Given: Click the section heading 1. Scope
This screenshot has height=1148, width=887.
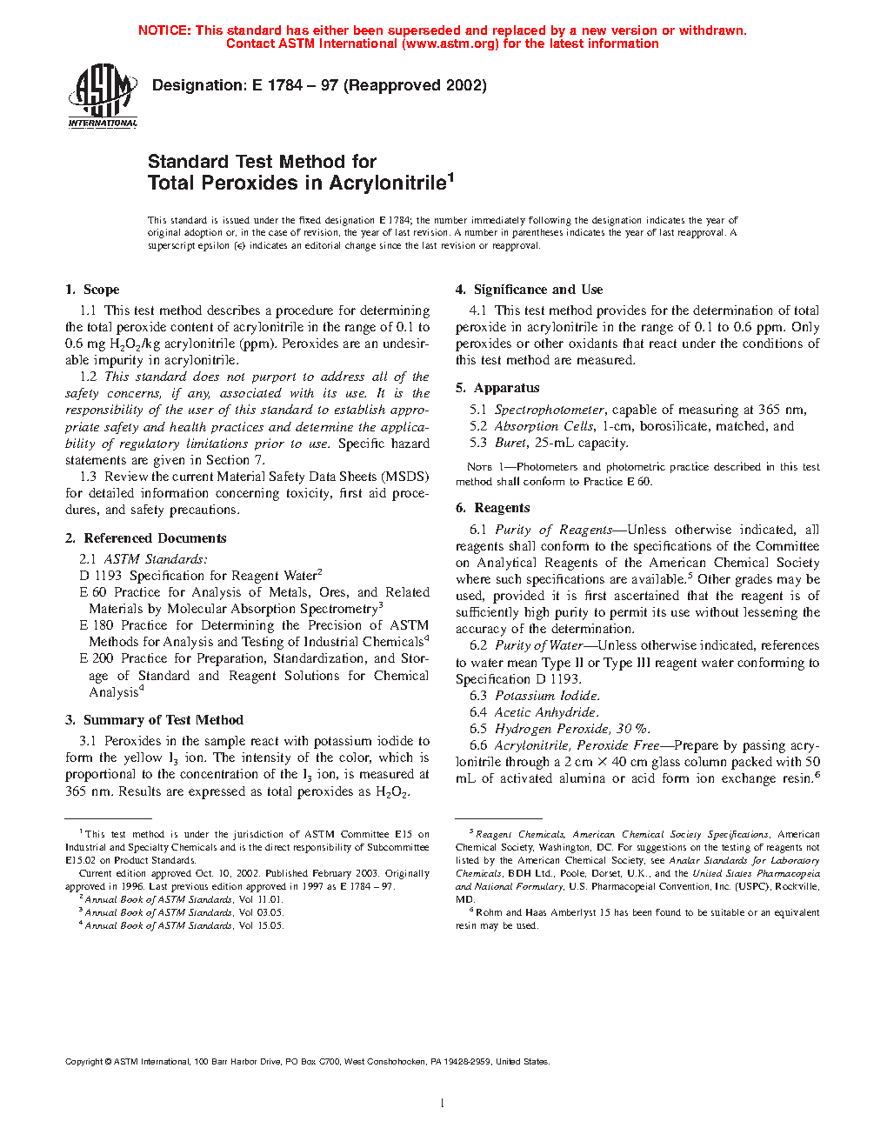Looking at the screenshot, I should point(92,290).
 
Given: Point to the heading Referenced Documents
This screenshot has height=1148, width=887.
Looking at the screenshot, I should point(155,538).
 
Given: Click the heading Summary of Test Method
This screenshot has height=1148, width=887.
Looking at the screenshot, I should point(163,720).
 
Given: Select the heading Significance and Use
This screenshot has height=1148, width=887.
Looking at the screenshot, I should point(537,290).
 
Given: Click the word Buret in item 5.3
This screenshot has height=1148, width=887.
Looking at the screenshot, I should point(510,443).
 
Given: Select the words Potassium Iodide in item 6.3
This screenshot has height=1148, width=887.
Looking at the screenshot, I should point(547,696).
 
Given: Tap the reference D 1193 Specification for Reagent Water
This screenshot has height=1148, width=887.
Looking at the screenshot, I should point(201,576).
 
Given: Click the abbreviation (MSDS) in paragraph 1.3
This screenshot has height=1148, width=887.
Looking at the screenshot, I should point(406,477).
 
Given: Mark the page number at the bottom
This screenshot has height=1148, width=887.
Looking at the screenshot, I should point(443,1104).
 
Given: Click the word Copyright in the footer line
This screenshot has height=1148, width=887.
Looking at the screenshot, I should point(84,1061).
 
